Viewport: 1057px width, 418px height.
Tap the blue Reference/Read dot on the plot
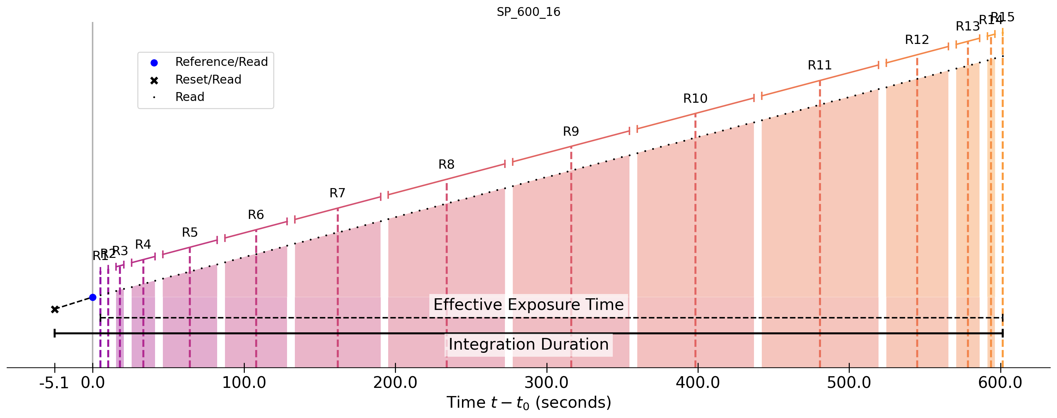pos(93,298)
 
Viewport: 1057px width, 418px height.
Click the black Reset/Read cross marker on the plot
pos(55,309)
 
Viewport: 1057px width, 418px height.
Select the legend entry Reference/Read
pos(221,62)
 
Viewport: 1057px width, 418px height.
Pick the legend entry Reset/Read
pos(208,79)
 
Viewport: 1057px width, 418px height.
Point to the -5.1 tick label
pos(54,383)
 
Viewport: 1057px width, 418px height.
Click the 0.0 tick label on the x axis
pos(93,383)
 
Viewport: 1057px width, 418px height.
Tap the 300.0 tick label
pos(546,383)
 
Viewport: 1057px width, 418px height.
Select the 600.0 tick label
pos(1000,383)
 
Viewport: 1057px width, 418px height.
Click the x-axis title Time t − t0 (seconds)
pos(529,403)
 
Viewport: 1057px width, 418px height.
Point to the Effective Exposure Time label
pos(529,305)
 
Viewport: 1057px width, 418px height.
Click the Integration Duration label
pos(529,345)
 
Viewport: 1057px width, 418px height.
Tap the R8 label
pos(446,165)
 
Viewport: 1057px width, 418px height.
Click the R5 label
pos(189,233)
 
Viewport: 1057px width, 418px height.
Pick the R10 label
pos(695,99)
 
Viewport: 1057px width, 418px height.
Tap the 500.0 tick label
pos(849,383)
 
